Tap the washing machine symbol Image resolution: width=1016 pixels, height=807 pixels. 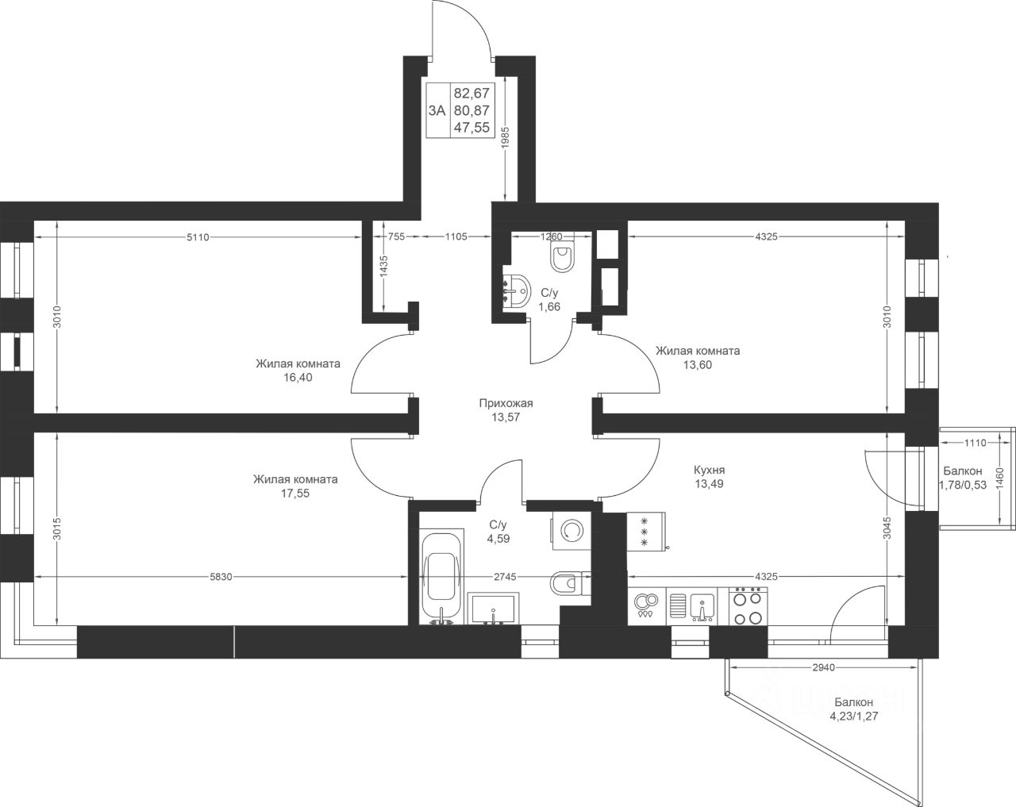571,530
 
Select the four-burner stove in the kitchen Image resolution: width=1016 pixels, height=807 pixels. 748,606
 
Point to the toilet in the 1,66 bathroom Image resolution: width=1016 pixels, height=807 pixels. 562,257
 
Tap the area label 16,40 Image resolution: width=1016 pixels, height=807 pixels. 298,378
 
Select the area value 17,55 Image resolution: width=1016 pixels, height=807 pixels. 295,494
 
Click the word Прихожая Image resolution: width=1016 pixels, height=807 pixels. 506,403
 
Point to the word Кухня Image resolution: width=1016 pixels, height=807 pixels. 709,470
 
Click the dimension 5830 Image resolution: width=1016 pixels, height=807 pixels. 221,577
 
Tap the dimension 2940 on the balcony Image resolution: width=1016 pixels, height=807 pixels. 823,667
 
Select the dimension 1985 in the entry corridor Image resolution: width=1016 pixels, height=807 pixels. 505,138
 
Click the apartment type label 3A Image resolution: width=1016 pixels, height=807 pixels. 437,110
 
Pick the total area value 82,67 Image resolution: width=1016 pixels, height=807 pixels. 471,93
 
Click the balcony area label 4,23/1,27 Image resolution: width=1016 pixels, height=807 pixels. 853,717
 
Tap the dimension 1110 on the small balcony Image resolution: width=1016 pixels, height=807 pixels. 976,443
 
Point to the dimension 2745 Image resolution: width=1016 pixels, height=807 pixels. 505,577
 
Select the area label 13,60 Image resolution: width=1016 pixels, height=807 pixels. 698,365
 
